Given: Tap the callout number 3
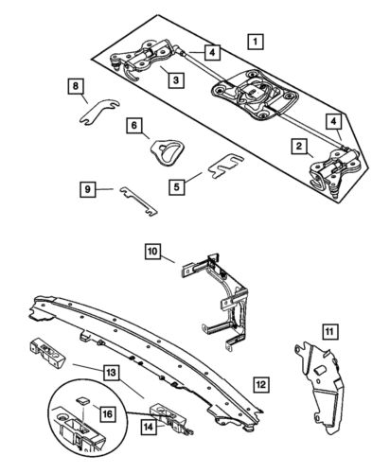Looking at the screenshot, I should (x=175, y=80).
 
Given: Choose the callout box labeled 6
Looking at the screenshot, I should (x=135, y=124).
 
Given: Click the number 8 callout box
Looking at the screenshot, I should (x=75, y=86).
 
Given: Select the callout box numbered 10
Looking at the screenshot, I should (x=152, y=252).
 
